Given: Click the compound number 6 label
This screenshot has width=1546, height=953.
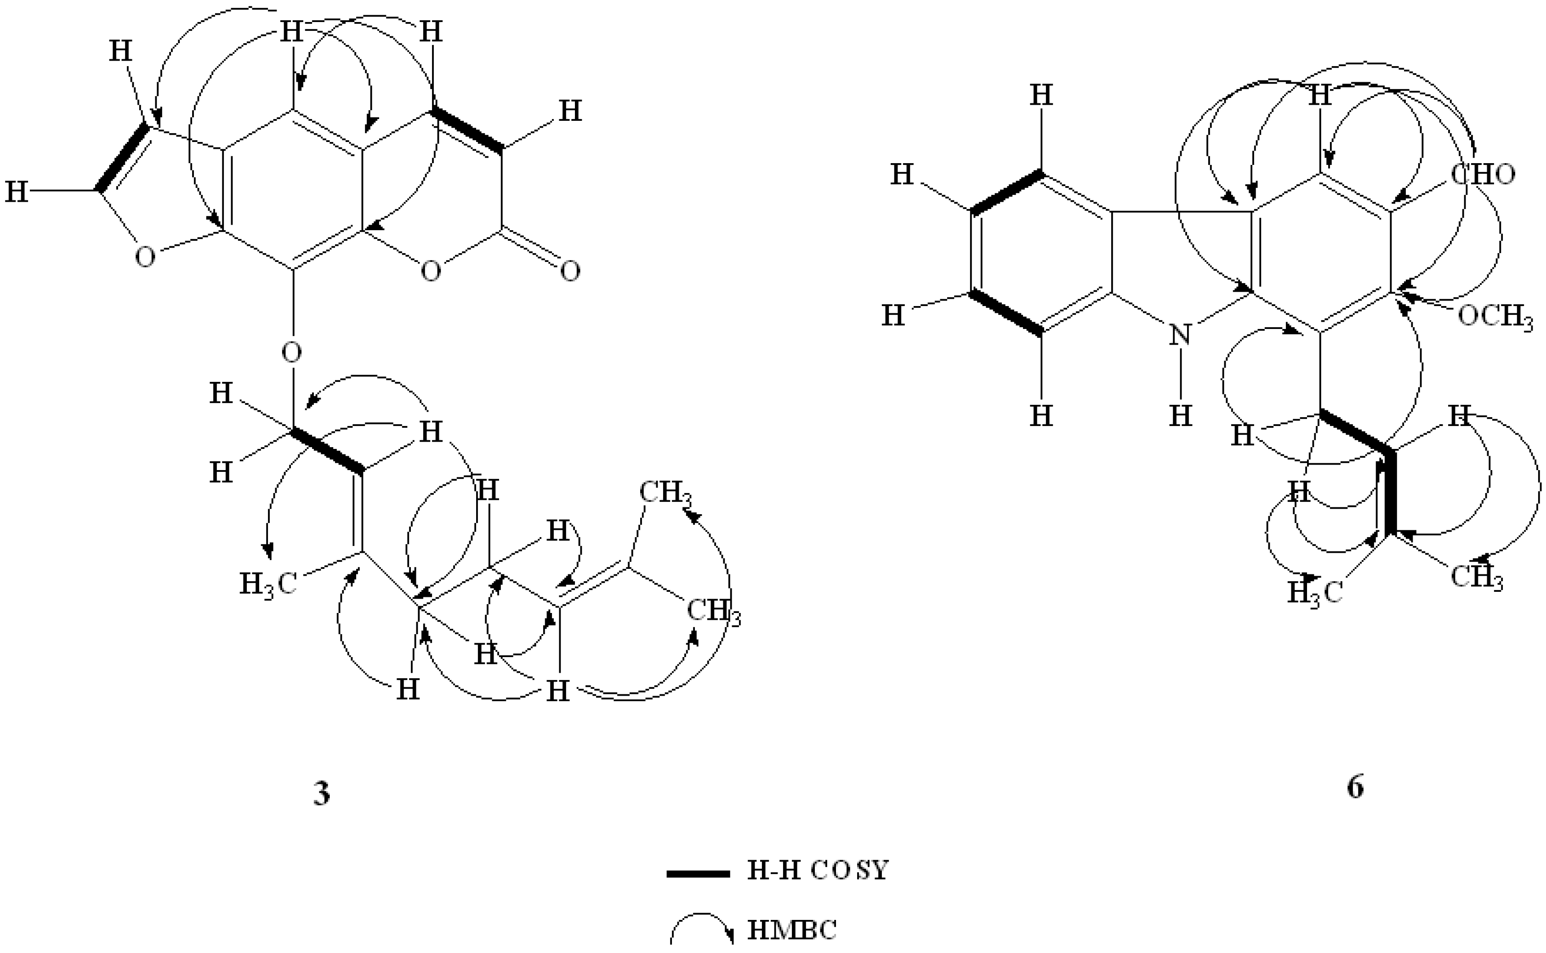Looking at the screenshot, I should click(1354, 787).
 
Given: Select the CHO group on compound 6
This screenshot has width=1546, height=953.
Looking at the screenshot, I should click(1482, 174).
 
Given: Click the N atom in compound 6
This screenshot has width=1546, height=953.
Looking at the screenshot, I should click(1180, 335).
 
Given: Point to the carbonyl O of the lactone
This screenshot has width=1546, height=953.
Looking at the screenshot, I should click(570, 272).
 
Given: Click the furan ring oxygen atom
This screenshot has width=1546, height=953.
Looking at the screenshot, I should click(145, 257).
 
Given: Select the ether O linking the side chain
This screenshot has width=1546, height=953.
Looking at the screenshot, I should click(291, 352).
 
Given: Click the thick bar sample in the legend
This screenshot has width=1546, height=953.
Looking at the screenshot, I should click(698, 874).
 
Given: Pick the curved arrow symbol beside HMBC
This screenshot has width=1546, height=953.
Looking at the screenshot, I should click(701, 929).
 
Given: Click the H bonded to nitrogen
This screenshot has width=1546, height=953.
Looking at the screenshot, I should click(1180, 416).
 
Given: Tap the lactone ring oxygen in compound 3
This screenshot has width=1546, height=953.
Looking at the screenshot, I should click(431, 272).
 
